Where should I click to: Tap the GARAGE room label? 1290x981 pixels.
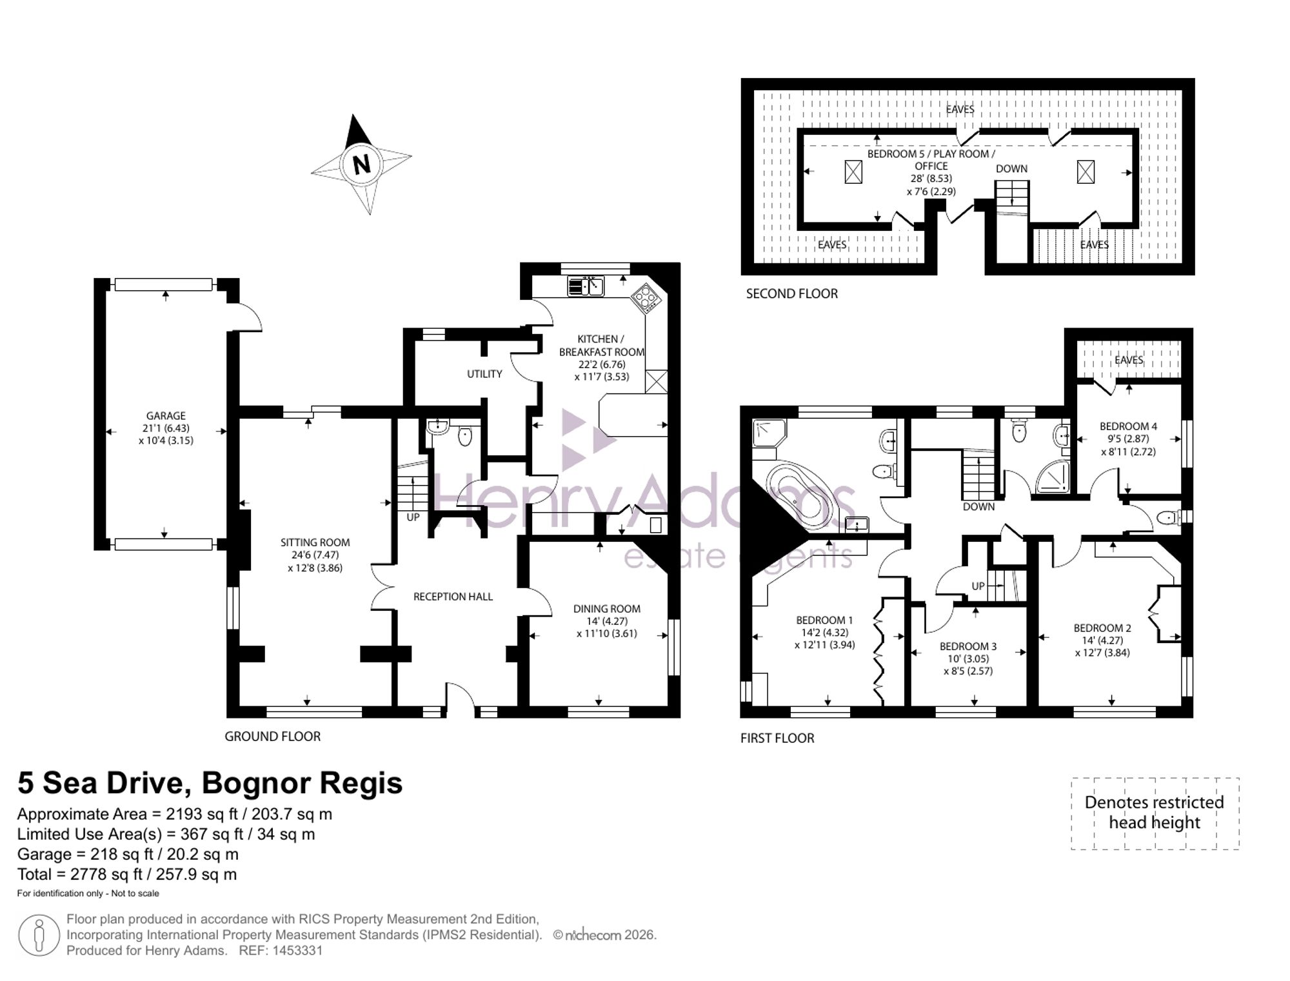click(x=166, y=416)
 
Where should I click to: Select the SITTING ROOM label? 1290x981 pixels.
click(x=315, y=542)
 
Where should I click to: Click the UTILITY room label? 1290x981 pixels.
click(x=484, y=374)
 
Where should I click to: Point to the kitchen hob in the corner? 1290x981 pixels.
click(x=646, y=298)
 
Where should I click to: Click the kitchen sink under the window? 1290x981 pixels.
click(x=586, y=286)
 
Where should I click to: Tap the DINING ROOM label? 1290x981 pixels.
click(x=607, y=608)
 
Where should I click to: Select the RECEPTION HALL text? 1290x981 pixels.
click(x=453, y=597)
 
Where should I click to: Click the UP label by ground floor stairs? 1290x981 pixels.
click(x=413, y=517)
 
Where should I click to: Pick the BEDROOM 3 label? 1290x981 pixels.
click(x=968, y=646)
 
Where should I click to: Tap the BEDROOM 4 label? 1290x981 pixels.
click(x=1128, y=426)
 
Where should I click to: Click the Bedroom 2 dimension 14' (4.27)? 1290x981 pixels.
click(x=1102, y=640)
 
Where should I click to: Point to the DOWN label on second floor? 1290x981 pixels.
click(x=1011, y=169)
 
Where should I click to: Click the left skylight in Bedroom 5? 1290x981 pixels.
click(x=853, y=172)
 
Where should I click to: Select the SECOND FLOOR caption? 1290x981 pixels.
click(x=792, y=294)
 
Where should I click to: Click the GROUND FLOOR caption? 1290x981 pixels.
click(x=272, y=737)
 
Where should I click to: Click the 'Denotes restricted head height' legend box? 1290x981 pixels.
click(x=1155, y=813)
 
